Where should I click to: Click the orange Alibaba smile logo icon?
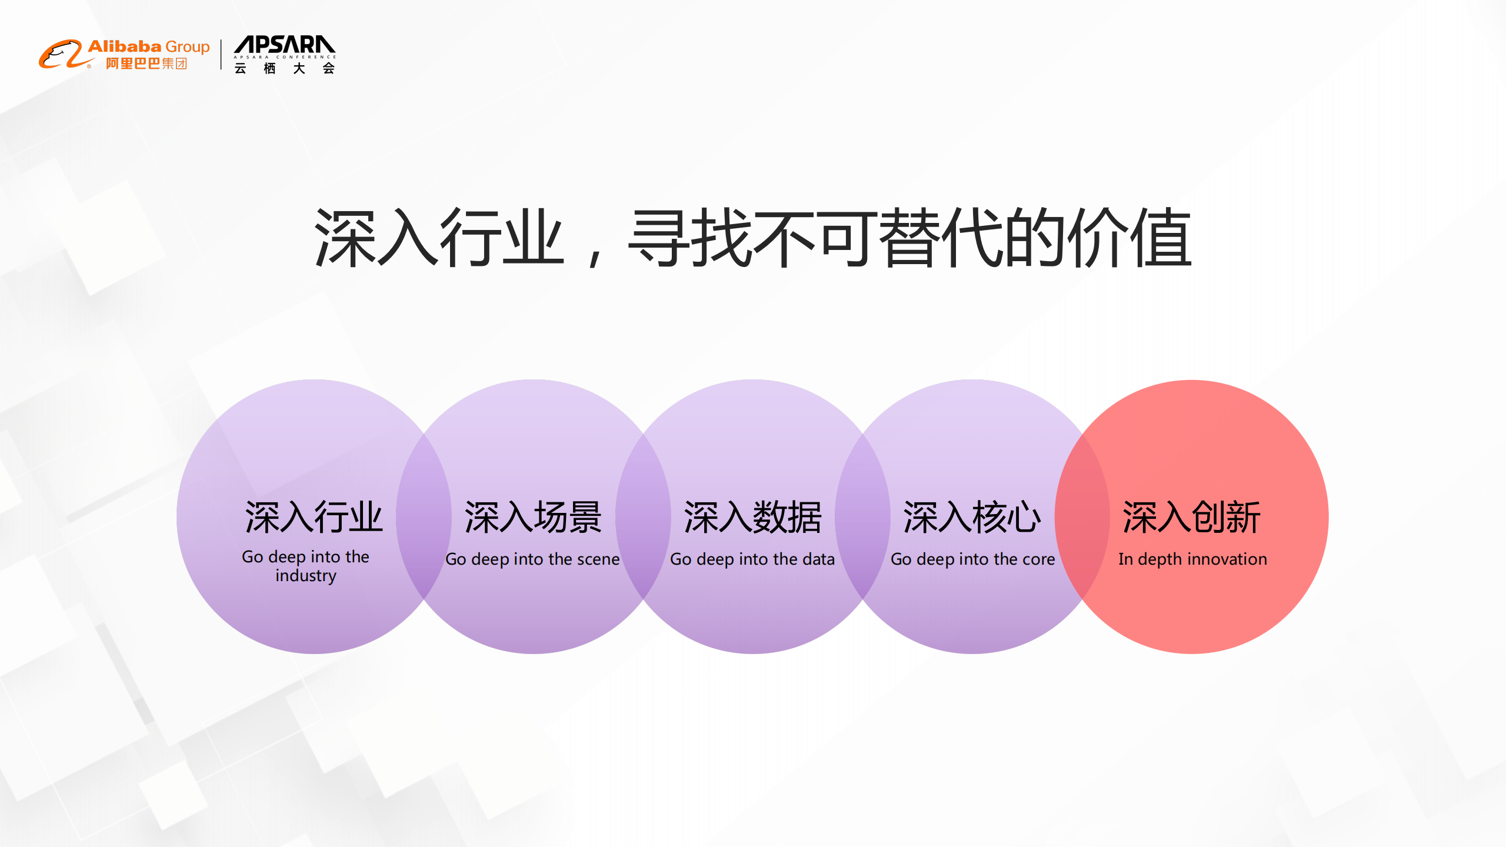(61, 54)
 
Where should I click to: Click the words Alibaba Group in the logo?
(148, 46)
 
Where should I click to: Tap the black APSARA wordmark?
(284, 45)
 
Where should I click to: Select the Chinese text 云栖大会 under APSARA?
(284, 68)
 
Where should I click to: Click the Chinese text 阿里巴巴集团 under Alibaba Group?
(146, 64)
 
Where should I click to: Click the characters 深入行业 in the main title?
(438, 238)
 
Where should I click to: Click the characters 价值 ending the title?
(1129, 238)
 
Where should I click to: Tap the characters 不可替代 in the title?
(847, 238)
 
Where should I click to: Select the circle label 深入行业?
(314, 518)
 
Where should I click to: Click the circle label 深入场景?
(533, 518)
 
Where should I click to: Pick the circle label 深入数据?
(752, 518)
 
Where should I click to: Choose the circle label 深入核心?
(972, 518)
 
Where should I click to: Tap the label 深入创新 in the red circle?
(1191, 518)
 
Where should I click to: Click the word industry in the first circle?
(305, 575)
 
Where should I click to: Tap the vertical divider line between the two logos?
(221, 55)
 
